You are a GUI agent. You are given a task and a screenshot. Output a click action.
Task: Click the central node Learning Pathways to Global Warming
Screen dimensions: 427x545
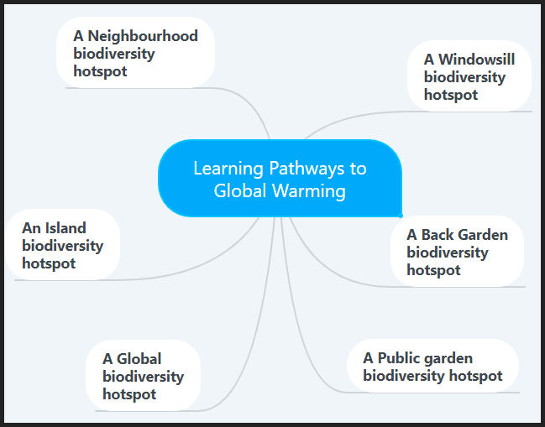(280, 179)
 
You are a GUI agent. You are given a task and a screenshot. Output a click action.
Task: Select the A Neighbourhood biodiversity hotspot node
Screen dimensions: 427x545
(135, 53)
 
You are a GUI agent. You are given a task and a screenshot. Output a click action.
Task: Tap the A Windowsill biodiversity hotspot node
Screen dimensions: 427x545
(469, 76)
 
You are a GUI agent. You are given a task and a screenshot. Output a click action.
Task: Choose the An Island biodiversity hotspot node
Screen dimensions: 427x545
(62, 245)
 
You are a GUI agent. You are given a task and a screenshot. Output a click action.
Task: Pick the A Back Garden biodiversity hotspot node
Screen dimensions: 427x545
(457, 252)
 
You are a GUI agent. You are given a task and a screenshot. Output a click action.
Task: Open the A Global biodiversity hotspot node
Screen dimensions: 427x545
(142, 376)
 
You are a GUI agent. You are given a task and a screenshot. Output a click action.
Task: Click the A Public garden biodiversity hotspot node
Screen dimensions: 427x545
(432, 367)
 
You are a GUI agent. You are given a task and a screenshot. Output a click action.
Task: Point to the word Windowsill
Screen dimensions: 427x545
(476, 59)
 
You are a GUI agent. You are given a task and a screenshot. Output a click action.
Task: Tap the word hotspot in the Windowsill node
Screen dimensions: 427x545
(451, 95)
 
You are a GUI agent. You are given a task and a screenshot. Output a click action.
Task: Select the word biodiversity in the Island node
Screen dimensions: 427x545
(62, 246)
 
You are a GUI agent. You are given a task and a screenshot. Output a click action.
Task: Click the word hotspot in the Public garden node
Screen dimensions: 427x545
(477, 376)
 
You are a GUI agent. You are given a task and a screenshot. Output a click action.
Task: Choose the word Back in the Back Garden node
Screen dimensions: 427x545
(438, 234)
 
